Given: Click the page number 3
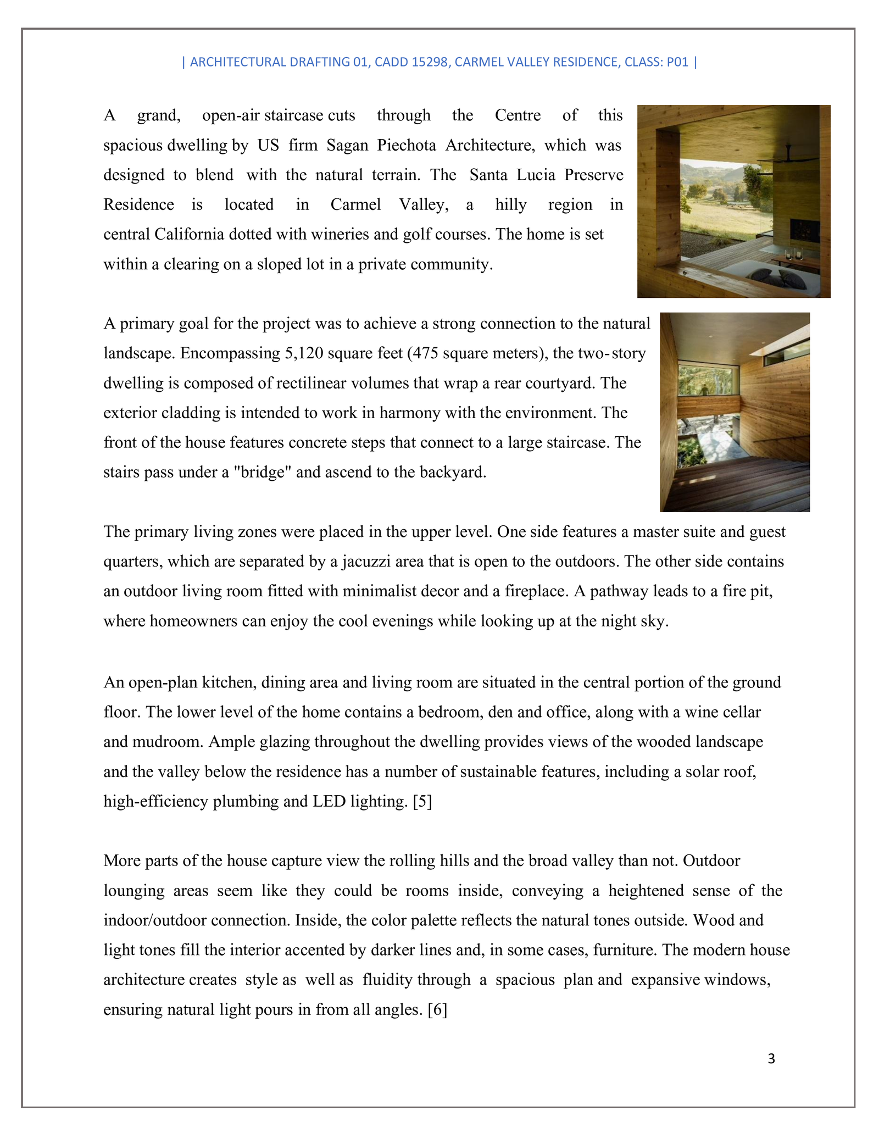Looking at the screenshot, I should tap(771, 1058).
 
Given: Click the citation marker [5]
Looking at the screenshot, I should tap(422, 802).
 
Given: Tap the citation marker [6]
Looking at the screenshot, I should tap(437, 1009).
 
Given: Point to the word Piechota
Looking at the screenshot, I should tap(407, 145).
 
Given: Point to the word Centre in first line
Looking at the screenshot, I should tap(518, 115).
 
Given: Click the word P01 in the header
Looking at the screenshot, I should tap(677, 62).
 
